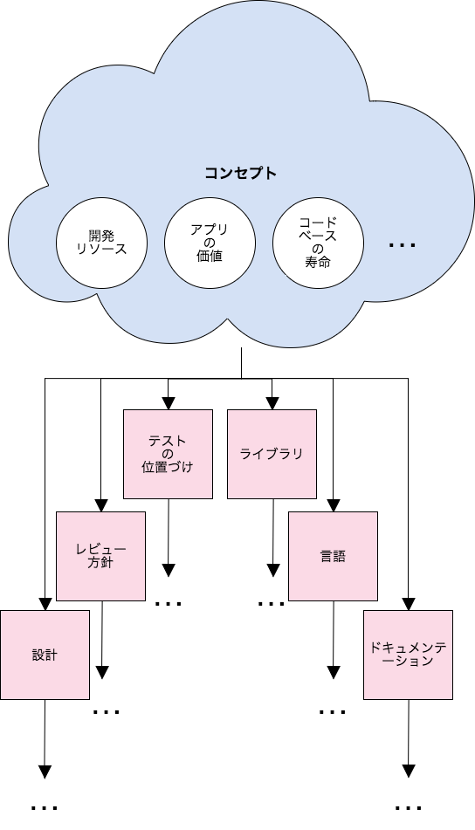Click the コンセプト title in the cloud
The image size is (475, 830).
point(241,173)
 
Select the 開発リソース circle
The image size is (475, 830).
point(101,243)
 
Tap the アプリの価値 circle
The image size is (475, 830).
point(210,243)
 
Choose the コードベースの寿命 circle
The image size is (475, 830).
point(318,243)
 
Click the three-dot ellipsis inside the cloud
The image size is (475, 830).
point(402,245)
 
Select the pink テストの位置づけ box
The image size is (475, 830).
point(168,454)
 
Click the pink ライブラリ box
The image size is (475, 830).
point(272,454)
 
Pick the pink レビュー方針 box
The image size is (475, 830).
point(100,556)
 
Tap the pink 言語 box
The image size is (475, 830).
point(333,556)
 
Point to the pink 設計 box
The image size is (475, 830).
point(45,655)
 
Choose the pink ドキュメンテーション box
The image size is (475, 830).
point(408,655)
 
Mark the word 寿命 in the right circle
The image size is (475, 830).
point(318,262)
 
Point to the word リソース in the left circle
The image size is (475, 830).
point(101,249)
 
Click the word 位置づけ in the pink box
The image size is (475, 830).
point(168,467)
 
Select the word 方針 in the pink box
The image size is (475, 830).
point(100,563)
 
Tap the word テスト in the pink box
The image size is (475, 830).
point(168,441)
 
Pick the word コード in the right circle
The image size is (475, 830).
point(318,223)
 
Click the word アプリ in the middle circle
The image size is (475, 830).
point(210,230)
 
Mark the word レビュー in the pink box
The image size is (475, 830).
point(100,549)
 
